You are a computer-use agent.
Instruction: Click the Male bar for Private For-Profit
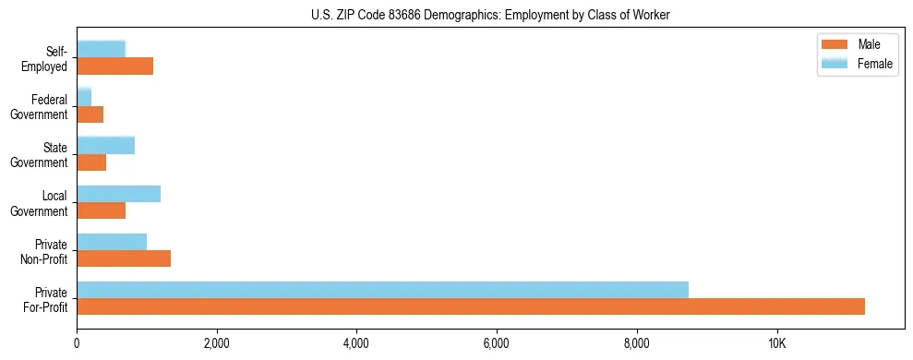(x=471, y=306)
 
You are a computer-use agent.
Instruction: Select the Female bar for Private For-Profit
(x=382, y=290)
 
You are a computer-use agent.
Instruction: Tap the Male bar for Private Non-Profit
(x=124, y=258)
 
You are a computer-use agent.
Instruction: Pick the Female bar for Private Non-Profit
(x=112, y=242)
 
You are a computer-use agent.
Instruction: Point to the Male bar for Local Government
(x=101, y=210)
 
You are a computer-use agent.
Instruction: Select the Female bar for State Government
(x=105, y=145)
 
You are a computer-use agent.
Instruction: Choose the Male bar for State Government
(x=91, y=162)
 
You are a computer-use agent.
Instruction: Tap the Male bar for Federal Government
(x=90, y=114)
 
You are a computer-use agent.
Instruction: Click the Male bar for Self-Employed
(x=114, y=66)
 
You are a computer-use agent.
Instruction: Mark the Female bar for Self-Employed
(x=101, y=49)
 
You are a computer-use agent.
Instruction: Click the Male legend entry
(x=858, y=45)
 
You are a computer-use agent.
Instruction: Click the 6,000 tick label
(x=497, y=344)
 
